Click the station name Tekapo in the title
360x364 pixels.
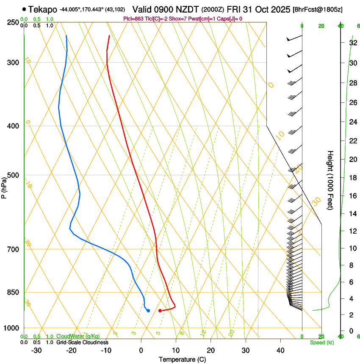(x=43, y=9)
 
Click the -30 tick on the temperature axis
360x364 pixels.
(x=36, y=350)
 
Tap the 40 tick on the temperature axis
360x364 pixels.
(x=280, y=350)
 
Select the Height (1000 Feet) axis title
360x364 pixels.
(x=331, y=180)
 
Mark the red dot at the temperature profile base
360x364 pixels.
(x=160, y=311)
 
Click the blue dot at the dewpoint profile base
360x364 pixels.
(x=148, y=311)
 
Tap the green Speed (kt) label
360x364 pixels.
(x=321, y=342)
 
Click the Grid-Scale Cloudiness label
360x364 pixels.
(x=82, y=342)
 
